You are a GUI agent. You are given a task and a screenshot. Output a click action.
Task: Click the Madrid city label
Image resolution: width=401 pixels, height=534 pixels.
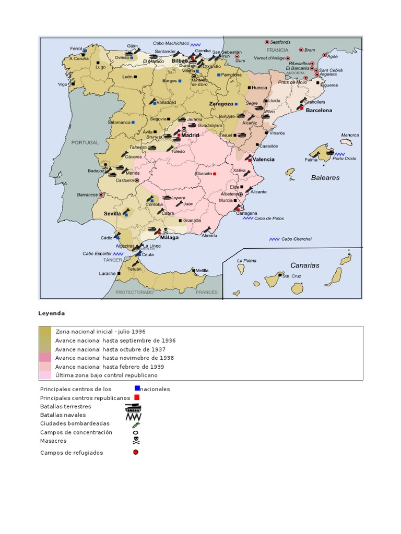point(191,135)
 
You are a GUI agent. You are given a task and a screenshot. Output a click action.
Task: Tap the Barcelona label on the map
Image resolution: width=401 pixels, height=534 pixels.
point(319,111)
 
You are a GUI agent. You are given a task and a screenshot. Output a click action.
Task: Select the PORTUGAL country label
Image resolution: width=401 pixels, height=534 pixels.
point(85,142)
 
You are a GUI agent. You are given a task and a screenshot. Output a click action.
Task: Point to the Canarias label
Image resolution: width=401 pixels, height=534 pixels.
point(304,265)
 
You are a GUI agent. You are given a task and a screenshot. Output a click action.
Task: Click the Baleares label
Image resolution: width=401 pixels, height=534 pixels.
point(325,178)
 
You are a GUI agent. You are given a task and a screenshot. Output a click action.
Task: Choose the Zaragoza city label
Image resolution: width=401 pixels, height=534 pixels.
point(220,104)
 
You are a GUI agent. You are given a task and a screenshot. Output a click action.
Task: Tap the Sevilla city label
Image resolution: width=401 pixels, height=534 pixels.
point(112,214)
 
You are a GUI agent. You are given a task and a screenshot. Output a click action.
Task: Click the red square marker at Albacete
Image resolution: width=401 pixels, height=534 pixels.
point(215,173)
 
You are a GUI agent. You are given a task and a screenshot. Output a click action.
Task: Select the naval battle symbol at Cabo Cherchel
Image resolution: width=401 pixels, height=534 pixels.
point(275,239)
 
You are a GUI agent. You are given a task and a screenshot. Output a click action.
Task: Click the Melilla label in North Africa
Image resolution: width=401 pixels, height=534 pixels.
point(202,270)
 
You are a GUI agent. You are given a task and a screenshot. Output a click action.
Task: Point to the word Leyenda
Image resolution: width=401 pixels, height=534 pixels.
point(52,313)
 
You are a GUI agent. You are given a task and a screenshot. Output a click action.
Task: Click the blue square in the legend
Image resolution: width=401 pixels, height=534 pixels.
point(137,388)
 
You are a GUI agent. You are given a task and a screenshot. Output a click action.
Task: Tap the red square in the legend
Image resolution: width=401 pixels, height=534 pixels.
point(137,397)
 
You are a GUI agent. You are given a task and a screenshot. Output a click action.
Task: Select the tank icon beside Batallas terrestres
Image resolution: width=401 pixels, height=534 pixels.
point(133,407)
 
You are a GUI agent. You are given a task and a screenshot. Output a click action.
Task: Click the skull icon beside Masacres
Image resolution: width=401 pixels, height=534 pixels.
point(136,441)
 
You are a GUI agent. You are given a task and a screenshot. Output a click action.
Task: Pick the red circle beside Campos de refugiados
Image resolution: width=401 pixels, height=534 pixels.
point(136,452)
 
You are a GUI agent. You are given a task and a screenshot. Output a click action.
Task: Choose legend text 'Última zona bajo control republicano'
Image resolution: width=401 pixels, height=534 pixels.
point(106,375)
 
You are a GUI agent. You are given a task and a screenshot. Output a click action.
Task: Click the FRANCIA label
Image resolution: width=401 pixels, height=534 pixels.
point(277,51)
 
